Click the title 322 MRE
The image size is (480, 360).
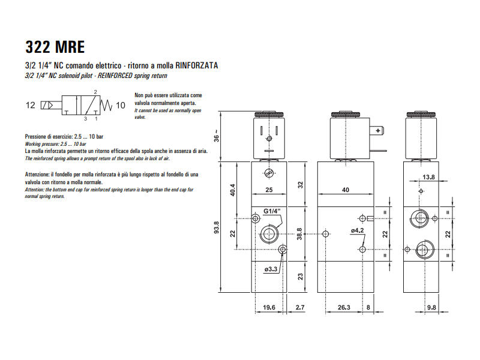click(55, 47)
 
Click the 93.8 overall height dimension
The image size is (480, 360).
click(217, 229)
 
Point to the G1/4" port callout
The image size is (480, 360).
click(275, 211)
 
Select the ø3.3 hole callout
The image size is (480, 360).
click(271, 269)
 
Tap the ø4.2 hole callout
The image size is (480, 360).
click(358, 230)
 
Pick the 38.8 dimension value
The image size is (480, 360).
click(299, 233)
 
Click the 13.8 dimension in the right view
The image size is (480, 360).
click(428, 177)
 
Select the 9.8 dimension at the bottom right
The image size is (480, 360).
click(431, 308)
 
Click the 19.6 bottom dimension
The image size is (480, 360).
click(269, 308)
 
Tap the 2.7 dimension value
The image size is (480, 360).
click(301, 308)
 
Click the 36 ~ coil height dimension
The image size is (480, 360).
click(217, 136)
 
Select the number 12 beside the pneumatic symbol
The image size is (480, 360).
click(31, 105)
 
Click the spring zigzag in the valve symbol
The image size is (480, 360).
click(107, 105)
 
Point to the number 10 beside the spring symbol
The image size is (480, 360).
click(121, 105)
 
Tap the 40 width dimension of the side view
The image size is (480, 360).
click(346, 190)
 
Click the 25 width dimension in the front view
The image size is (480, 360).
click(269, 190)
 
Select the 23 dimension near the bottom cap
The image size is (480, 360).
click(300, 277)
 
